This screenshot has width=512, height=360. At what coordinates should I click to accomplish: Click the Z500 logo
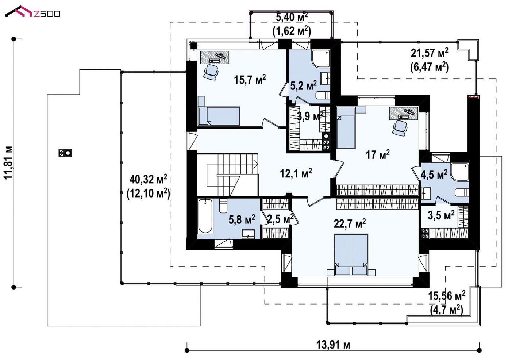coord(33,12)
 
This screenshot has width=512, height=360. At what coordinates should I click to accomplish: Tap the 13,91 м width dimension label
coord(333,345)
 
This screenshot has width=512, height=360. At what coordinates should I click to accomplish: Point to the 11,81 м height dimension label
coord(9,162)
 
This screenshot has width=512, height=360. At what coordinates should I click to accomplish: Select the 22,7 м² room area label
coord(350,223)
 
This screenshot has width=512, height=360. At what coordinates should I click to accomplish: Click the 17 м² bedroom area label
coord(378,154)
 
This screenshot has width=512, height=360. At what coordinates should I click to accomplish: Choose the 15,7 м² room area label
coord(250,79)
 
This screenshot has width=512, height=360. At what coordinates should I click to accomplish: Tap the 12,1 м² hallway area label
coord(296,173)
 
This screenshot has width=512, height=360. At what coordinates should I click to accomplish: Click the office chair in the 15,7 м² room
coord(211,72)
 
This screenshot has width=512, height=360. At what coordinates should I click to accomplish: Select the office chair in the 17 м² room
coord(400,128)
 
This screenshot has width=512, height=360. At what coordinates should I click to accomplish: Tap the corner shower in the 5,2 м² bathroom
coord(321,58)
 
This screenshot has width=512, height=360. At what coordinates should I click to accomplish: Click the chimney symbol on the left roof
coord(65,153)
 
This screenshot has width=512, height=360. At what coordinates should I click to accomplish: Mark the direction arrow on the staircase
coord(255,164)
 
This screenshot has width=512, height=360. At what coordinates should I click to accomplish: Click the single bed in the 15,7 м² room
coord(219,116)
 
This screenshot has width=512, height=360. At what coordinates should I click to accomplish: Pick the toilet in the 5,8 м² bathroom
coord(223,206)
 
